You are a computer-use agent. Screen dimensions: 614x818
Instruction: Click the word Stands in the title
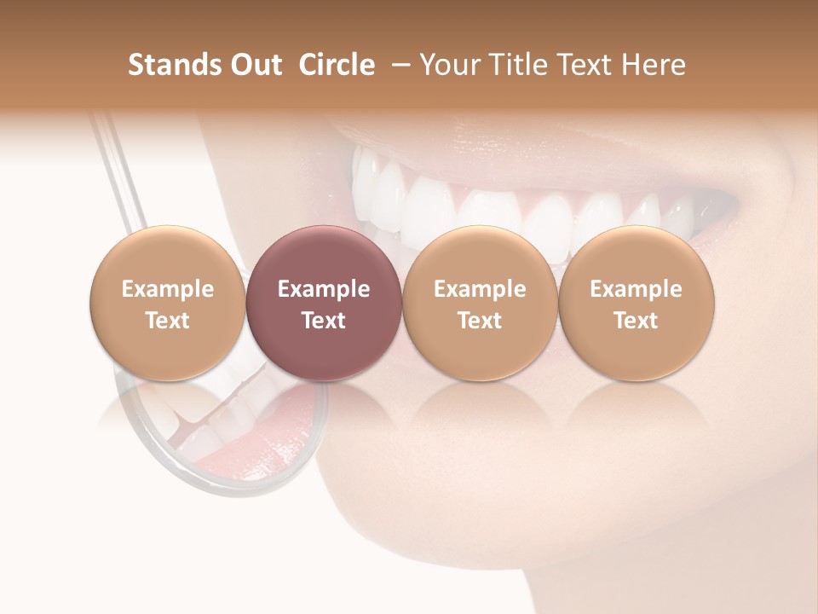pos(173,65)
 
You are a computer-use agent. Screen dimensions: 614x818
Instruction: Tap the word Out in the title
pos(255,65)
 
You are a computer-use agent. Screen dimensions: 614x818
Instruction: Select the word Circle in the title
pos(337,65)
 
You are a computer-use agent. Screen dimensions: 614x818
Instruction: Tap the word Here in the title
pos(653,65)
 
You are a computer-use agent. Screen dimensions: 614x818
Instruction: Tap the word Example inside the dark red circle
pos(324,289)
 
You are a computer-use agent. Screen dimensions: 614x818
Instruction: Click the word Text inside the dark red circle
pos(324,321)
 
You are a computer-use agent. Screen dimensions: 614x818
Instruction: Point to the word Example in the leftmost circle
pos(168,289)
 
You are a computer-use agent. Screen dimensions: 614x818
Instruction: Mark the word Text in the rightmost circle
pos(636,321)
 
